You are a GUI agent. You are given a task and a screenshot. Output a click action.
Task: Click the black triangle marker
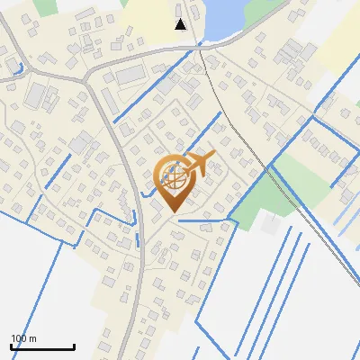coord(181,24)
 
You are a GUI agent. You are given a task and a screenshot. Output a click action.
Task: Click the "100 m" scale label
coord(24,338)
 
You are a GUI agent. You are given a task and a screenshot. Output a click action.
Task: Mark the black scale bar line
coord(42,346)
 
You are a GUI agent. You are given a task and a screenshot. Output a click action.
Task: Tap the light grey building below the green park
coord(269,225)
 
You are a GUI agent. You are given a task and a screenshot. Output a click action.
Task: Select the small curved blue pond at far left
coord(18,68)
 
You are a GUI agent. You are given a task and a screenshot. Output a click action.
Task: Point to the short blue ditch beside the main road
coord(137,239)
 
